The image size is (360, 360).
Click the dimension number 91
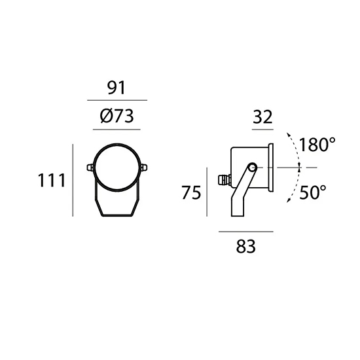click(x=117, y=88)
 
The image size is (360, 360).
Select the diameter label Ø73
click(x=117, y=116)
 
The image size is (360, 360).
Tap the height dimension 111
click(x=52, y=180)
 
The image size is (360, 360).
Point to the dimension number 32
click(x=262, y=117)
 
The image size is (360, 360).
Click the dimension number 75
click(x=191, y=192)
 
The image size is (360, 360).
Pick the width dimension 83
click(x=245, y=246)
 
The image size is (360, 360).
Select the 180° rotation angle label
click(x=317, y=145)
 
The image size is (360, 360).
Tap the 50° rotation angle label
click(x=313, y=192)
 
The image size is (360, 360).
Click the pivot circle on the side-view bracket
click(x=253, y=167)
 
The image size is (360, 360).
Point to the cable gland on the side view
click(x=225, y=180)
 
